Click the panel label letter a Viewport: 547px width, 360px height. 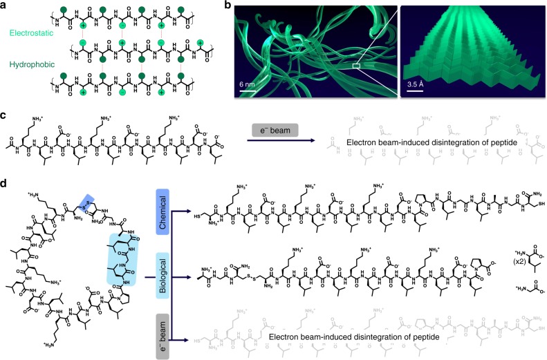point(5,6)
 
